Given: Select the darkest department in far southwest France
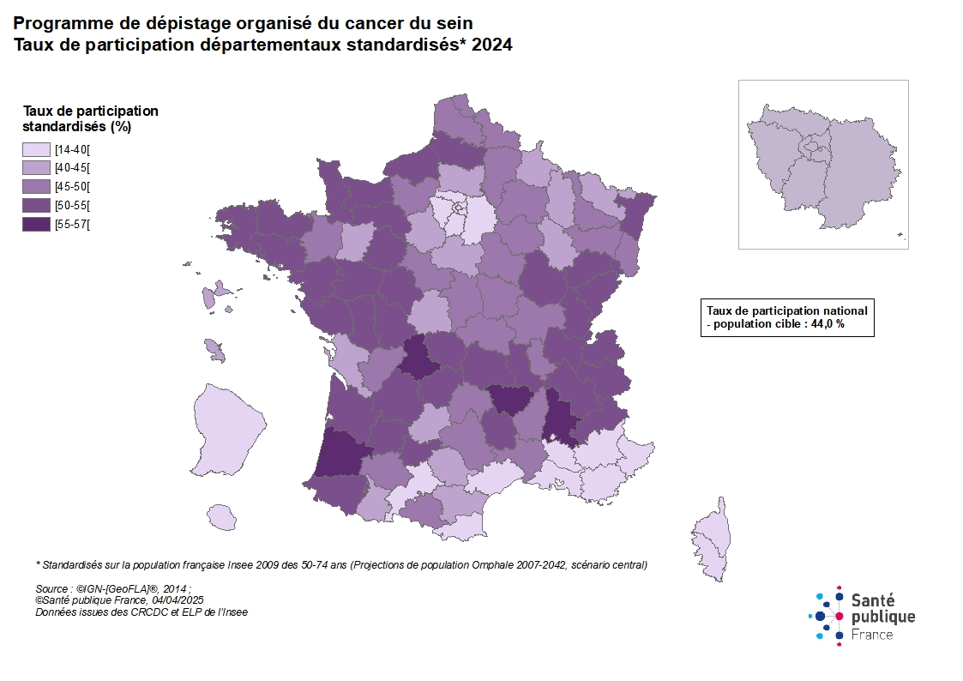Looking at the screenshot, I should [340, 452].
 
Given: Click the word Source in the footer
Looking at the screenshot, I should [52, 589].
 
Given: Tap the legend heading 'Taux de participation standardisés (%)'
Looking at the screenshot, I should [91, 118].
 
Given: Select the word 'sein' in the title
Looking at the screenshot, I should [454, 21].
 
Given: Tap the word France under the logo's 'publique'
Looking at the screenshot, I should [874, 635].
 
